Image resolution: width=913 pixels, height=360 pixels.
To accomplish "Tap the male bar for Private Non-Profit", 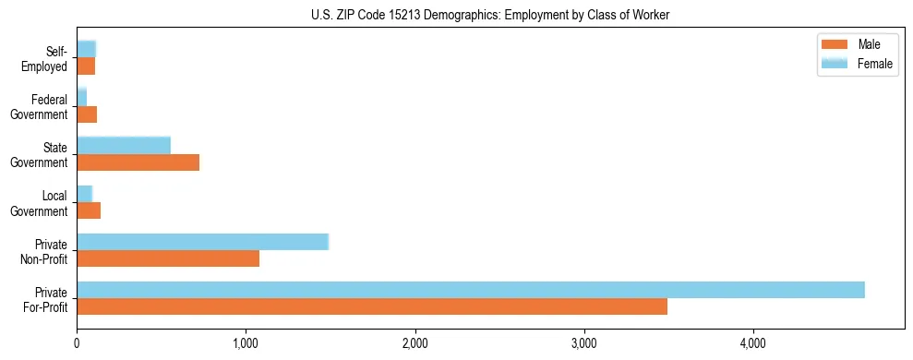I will [x=167, y=258].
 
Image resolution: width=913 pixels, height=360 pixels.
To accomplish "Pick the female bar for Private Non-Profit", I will [x=202, y=242].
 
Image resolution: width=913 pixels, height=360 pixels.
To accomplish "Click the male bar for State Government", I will [x=138, y=162].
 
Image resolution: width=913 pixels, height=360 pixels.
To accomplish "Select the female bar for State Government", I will [x=123, y=146].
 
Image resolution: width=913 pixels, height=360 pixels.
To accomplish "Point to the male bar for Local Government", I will [x=88, y=210].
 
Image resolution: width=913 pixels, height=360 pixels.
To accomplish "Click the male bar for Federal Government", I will [x=86, y=114].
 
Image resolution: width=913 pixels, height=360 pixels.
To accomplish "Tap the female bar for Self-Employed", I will [x=86, y=49].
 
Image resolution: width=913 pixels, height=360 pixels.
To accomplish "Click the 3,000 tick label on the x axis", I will [x=584, y=342].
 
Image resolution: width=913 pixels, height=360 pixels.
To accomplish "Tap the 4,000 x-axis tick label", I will [x=753, y=342].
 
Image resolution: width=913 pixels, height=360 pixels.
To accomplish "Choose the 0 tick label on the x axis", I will [x=77, y=342].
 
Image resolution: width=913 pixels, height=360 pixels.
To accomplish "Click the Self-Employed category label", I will [x=47, y=58].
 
